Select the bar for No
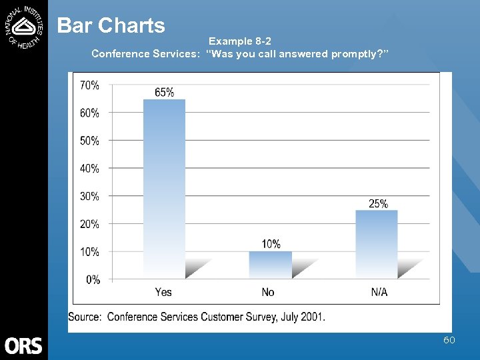[x=271, y=265]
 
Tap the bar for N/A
[x=377, y=244]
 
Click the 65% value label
[x=164, y=93]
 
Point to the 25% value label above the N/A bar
[x=378, y=203]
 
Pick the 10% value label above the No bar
[x=271, y=245]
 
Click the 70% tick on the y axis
[x=90, y=85]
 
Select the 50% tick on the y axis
[x=90, y=141]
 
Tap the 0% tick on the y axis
[x=93, y=280]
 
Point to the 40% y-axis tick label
[x=90, y=169]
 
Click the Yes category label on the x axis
[x=163, y=293]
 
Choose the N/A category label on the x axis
[x=379, y=293]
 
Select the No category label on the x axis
[x=268, y=293]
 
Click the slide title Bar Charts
[x=111, y=25]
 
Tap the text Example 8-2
[x=240, y=41]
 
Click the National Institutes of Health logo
[x=24, y=25]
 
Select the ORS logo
[x=24, y=345]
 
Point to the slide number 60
[x=449, y=341]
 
